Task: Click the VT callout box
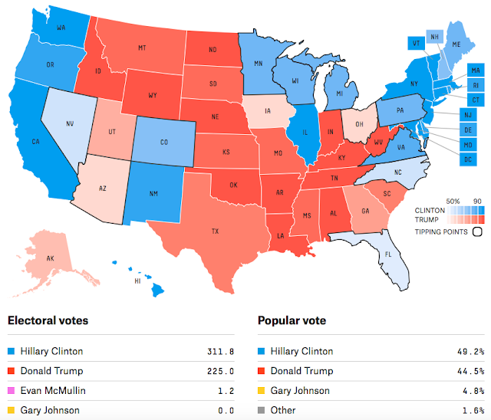(x=416, y=43)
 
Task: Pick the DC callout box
(x=466, y=159)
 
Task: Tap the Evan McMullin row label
(x=53, y=391)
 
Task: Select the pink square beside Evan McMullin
(x=11, y=391)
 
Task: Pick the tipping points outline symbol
(x=476, y=231)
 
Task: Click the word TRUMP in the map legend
(x=428, y=218)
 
